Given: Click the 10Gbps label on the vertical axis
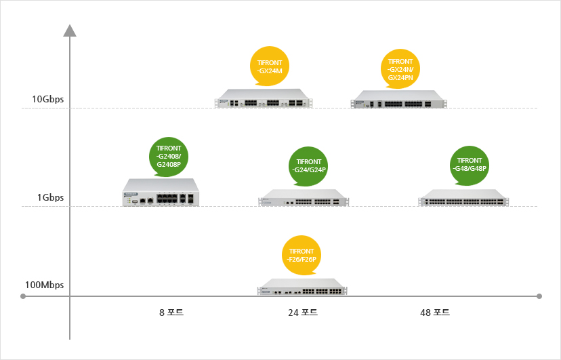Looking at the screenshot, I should click(47, 100).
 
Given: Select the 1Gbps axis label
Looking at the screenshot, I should click(50, 198).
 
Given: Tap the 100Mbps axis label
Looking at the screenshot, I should click(44, 285).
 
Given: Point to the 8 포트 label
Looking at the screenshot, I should click(171, 313).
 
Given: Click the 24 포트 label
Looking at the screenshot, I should click(303, 313).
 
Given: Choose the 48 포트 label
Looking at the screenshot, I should click(435, 313).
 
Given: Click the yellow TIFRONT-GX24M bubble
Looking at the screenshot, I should click(270, 66).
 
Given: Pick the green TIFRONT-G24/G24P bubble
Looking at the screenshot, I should click(308, 166).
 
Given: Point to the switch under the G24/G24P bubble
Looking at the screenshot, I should click(303, 197).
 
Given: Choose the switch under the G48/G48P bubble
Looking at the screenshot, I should click(463, 197).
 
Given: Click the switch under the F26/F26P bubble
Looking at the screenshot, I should click(302, 287).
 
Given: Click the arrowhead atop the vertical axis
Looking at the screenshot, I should click(69, 31).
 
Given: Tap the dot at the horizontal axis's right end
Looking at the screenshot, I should click(539, 296).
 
